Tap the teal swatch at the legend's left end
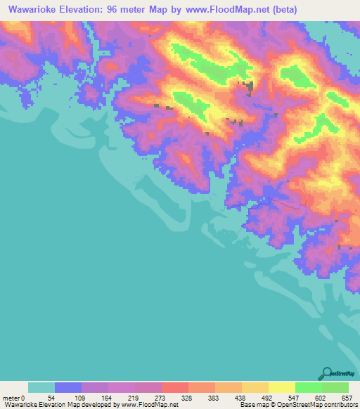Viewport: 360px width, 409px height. (41, 387)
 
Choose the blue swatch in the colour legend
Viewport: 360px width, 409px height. (68, 387)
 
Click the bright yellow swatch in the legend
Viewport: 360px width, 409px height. (282, 387)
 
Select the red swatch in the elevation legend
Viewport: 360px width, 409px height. (175, 387)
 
